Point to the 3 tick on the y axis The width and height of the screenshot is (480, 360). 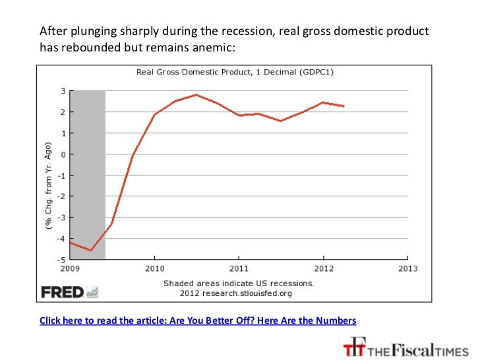coord(63,91)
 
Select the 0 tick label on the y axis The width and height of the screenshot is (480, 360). coord(63,154)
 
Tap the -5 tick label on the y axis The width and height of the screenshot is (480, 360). coord(61,260)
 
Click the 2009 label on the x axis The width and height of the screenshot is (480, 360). coord(70,269)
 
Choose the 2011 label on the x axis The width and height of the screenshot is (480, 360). coord(239,269)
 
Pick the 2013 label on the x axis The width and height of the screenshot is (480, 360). coord(407,269)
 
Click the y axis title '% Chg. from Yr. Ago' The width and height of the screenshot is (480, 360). coord(48,186)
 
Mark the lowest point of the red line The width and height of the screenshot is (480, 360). coord(90,251)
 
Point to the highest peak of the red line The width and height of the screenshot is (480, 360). coord(196,95)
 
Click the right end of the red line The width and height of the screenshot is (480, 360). coord(344,106)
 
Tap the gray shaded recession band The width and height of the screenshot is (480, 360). coord(88,175)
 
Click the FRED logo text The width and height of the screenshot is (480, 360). coord(63,292)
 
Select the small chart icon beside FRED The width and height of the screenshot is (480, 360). coord(92,292)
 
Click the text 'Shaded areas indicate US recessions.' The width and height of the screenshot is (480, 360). coord(239,284)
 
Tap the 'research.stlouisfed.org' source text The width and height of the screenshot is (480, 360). coord(247,293)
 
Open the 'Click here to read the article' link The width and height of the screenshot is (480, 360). coord(198,320)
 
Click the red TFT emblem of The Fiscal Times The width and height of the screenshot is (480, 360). coord(355,347)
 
